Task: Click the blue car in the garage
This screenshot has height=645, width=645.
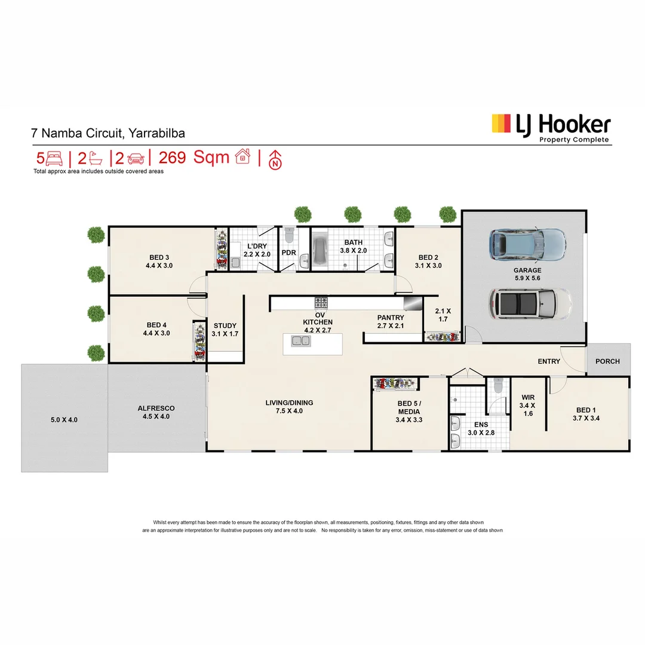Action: pos(527,244)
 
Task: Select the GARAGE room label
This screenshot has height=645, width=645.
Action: pos(527,271)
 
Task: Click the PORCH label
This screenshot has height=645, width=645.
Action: pos(607,361)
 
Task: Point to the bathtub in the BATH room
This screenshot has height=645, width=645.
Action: pos(321,250)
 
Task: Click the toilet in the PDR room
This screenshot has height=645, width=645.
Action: pos(290,235)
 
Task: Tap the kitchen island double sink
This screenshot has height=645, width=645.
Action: pos(300,341)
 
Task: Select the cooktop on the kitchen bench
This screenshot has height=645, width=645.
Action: pos(321,303)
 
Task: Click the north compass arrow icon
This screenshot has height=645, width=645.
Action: pos(275,159)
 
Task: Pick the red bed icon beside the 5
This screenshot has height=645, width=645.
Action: pos(54,158)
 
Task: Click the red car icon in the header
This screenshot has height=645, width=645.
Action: pos(136,158)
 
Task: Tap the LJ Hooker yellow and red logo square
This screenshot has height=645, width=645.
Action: pos(501,124)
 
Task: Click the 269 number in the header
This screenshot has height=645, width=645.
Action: pos(172,158)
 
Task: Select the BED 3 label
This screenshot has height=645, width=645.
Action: pos(159,257)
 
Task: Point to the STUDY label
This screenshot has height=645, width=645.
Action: pos(225,326)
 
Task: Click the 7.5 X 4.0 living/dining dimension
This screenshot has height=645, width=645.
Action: pos(289,411)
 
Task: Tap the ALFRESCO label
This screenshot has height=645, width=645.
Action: pos(156,408)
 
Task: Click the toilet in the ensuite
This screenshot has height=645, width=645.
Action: pos(498,385)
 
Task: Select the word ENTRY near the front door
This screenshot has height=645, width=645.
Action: pos(549,361)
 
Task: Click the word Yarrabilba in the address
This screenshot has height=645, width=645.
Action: pos(156,133)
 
